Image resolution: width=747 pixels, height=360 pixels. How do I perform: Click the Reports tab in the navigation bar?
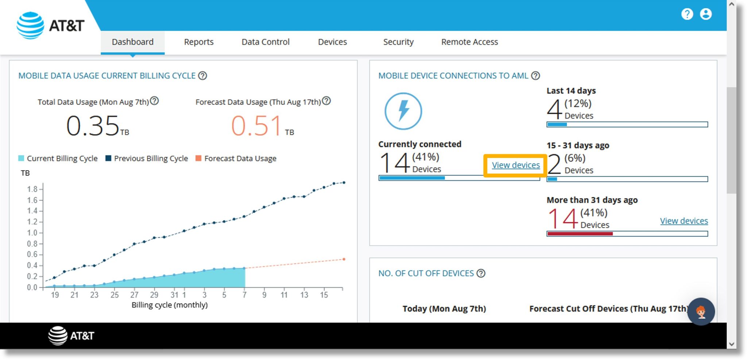[x=198, y=42]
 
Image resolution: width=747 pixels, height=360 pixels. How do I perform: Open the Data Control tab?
[x=265, y=42]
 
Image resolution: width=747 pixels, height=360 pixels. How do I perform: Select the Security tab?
[x=398, y=42]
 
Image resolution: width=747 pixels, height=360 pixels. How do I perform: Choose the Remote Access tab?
[x=469, y=42]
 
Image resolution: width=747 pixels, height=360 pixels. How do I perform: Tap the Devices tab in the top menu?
[x=332, y=42]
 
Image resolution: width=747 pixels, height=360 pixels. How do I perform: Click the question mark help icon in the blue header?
[x=687, y=14]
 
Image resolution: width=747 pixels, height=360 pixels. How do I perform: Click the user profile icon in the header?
[x=705, y=14]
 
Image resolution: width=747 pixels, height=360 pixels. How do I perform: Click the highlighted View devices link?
[x=515, y=165]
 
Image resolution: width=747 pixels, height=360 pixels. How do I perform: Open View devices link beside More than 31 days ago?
[x=684, y=221]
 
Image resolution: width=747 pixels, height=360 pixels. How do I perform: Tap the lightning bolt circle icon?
[x=403, y=111]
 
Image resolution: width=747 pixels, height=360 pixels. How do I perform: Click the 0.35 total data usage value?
[x=93, y=126]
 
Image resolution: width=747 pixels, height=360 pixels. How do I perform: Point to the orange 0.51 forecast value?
[x=256, y=126]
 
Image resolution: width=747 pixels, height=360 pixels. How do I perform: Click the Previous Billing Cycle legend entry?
[x=147, y=158]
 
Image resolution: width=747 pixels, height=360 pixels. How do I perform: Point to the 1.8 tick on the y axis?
[x=32, y=189]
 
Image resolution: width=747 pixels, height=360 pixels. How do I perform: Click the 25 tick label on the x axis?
[x=115, y=295]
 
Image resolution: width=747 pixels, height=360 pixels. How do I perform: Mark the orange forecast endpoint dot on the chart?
[x=344, y=259]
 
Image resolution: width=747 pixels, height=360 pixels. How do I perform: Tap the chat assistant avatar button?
[x=701, y=311]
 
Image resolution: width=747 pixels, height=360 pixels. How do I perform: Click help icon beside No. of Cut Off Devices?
[x=481, y=273]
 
